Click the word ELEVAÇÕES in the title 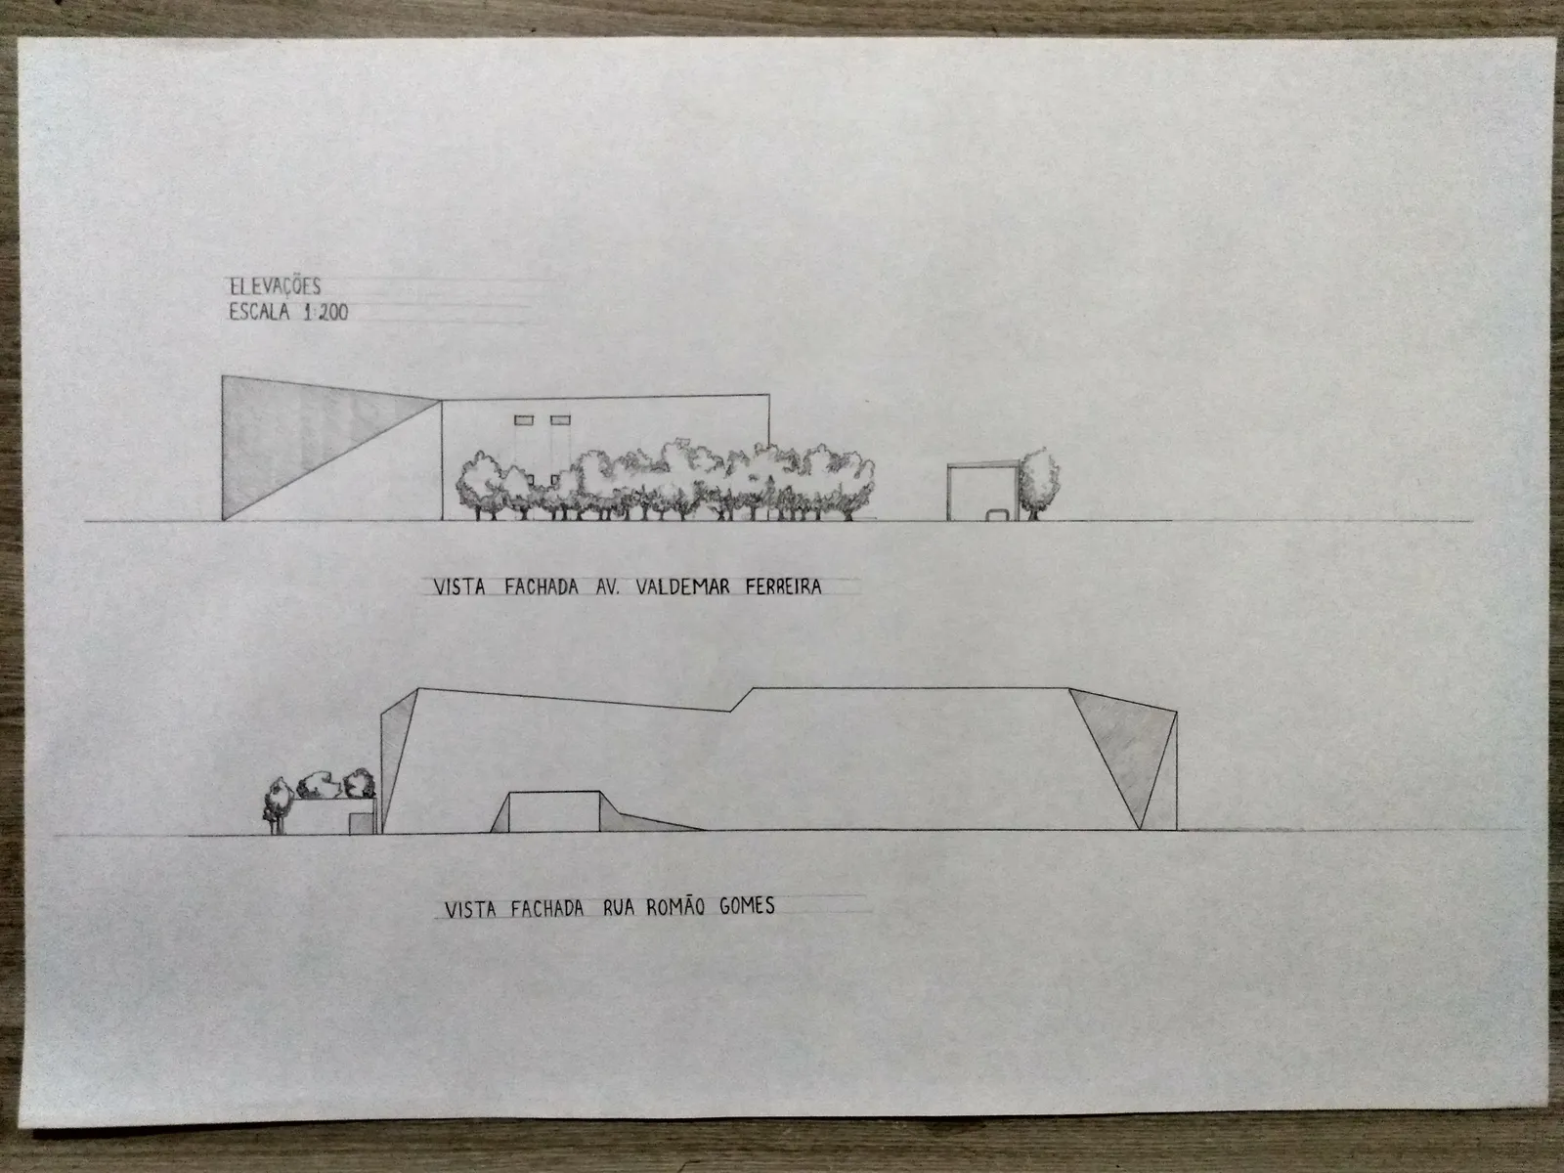(x=275, y=287)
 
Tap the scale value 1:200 (x=326, y=313)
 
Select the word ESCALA (x=259, y=312)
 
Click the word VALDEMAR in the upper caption (x=682, y=586)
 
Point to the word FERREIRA (x=783, y=586)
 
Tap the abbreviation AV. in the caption (x=607, y=586)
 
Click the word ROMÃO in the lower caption (x=675, y=907)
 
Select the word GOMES (x=747, y=906)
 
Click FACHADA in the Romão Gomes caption (x=547, y=909)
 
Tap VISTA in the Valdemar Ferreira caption (x=459, y=587)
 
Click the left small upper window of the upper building (x=524, y=420)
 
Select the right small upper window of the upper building (x=561, y=420)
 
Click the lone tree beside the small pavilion (x=1037, y=483)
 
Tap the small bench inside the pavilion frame (x=998, y=514)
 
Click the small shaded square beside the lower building (x=362, y=823)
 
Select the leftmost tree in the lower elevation (x=278, y=804)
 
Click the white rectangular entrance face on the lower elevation (x=553, y=812)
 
